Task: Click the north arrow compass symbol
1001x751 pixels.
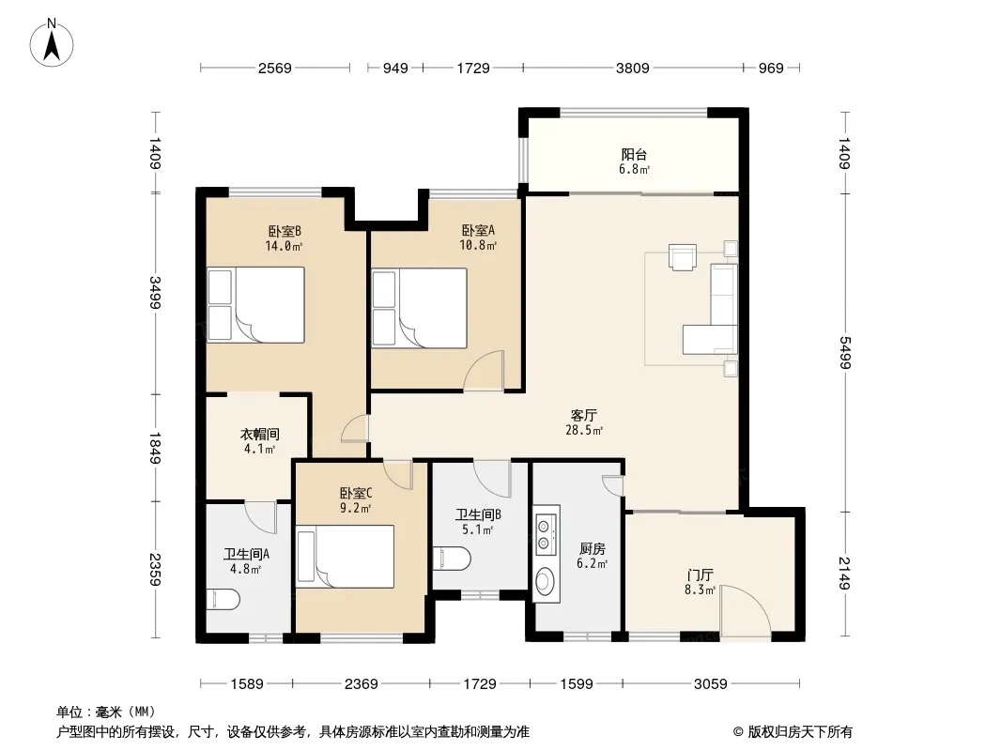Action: pos(52,43)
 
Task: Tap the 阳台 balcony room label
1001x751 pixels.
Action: pos(634,154)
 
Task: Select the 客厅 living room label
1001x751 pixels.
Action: pos(583,415)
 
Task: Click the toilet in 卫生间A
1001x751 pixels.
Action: pos(223,600)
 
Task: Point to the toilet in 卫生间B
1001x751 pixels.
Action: pos(452,559)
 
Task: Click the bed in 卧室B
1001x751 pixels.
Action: pos(256,305)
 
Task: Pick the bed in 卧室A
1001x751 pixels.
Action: pos(420,308)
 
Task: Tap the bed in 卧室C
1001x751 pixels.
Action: pos(346,557)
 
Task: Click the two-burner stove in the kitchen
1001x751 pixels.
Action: pos(544,535)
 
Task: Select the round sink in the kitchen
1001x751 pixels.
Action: pos(546,581)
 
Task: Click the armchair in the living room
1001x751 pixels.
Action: pos(683,257)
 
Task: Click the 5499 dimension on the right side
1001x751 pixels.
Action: pos(844,352)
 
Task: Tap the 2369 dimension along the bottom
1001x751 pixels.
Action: pos(362,684)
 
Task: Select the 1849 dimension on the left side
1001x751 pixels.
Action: pos(155,448)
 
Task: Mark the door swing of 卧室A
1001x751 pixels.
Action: pos(484,370)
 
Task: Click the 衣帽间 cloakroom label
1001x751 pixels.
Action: pos(260,435)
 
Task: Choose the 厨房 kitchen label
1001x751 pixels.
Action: pos(593,549)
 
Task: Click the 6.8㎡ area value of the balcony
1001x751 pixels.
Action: pos(634,170)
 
